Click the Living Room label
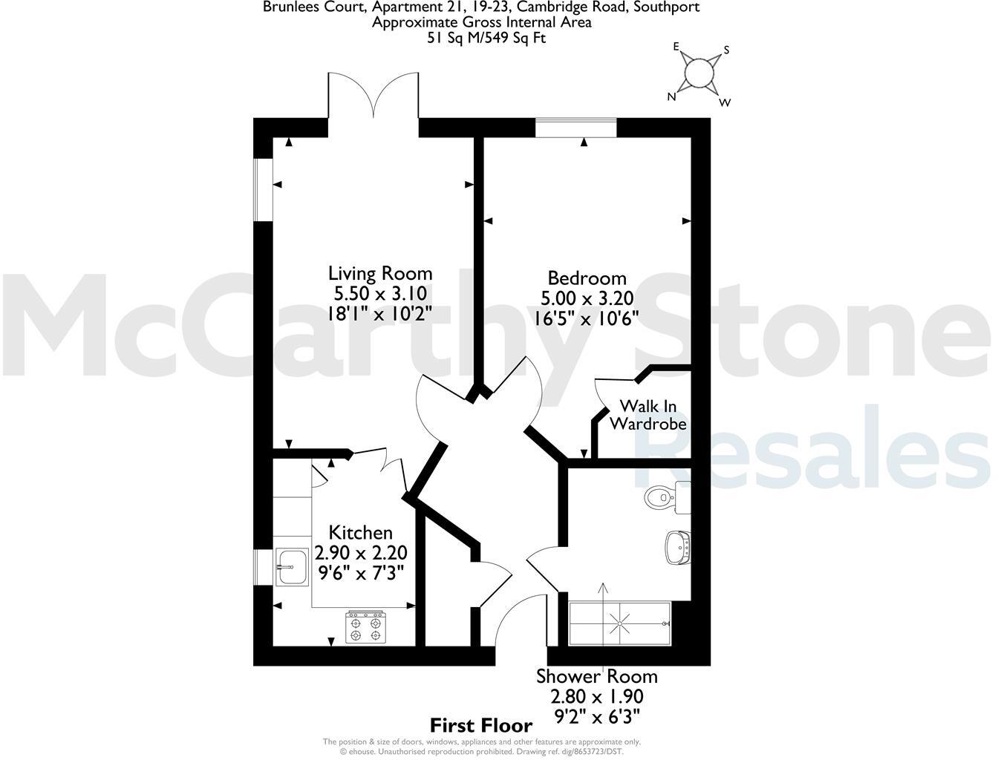[x=380, y=273]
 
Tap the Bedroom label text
[x=587, y=278]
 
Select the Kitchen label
[x=360, y=533]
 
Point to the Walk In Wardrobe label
[x=648, y=415]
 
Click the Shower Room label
[x=596, y=676]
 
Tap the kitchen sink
[x=291, y=569]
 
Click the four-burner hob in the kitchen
[x=366, y=626]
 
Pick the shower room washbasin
[x=678, y=547]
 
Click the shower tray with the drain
[x=619, y=623]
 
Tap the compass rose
[x=698, y=73]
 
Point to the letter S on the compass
[x=726, y=50]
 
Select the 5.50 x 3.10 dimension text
[x=380, y=293]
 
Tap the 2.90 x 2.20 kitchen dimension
[x=361, y=553]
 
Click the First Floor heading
[x=481, y=725]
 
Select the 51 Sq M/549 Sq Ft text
[x=486, y=38]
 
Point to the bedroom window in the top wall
[x=576, y=128]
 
